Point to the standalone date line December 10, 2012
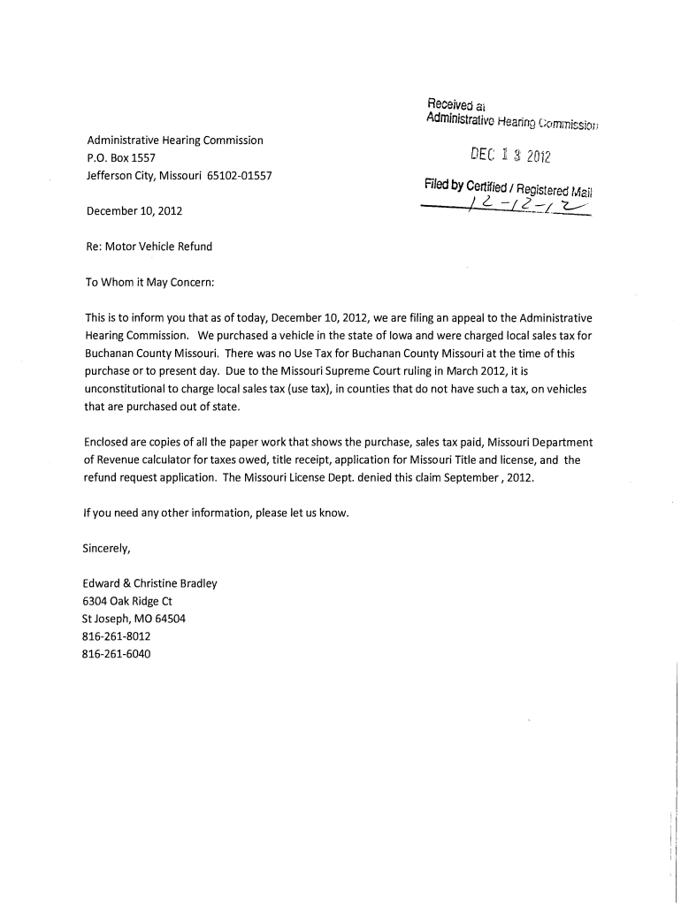[x=134, y=211]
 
